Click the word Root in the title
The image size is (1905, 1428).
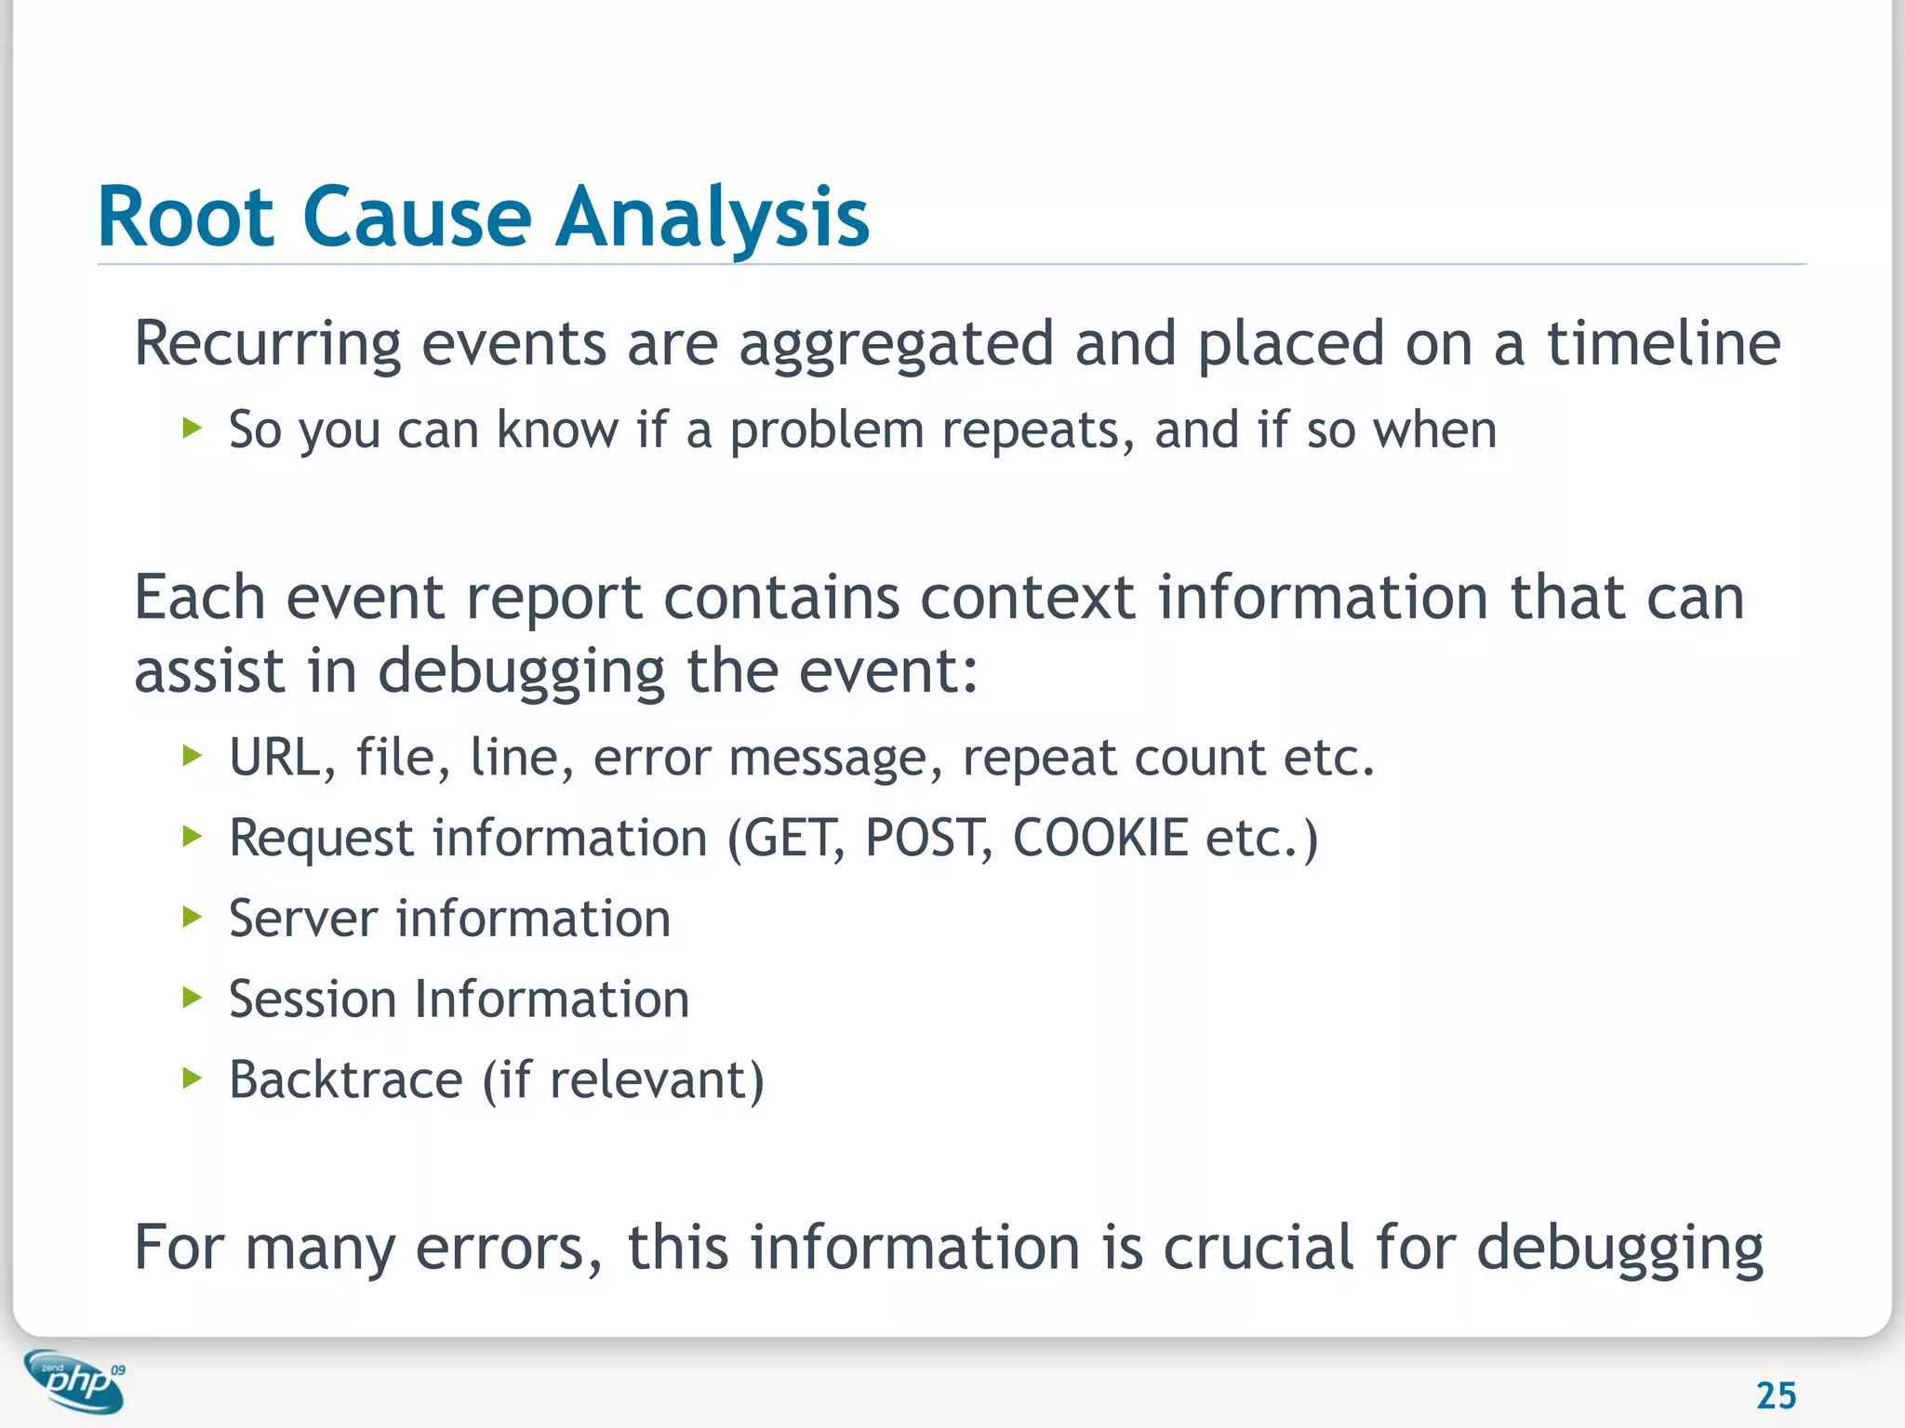click(186, 218)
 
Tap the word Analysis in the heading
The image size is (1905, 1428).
click(712, 218)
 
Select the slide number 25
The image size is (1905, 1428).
click(1776, 1395)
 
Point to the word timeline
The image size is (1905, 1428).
click(1663, 344)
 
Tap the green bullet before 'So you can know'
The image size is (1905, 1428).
click(193, 429)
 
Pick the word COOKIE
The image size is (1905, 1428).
click(1099, 838)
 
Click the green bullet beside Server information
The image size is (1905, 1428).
click(193, 918)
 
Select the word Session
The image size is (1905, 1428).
click(313, 999)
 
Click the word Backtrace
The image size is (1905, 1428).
click(346, 1080)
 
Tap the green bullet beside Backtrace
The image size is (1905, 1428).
click(193, 1078)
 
